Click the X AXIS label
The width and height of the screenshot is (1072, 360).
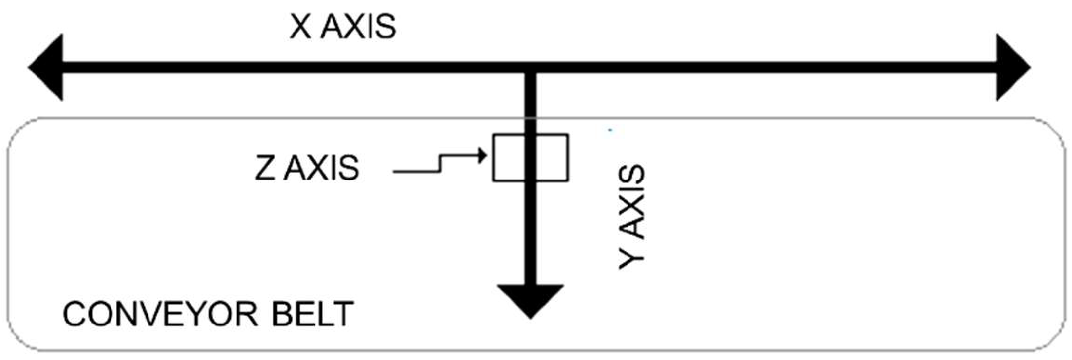342,27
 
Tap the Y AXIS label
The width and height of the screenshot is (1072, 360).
632,217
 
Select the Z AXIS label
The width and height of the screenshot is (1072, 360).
306,168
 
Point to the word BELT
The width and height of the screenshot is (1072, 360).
312,314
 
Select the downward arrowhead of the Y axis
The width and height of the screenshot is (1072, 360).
530,300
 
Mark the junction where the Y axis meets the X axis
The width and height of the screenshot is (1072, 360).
530,68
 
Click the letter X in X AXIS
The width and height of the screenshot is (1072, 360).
300,27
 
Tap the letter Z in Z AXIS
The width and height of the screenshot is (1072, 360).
265,168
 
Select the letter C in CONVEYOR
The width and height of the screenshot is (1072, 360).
74,314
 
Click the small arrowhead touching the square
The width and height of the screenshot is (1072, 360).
482,157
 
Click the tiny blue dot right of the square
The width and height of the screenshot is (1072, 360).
610,130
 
